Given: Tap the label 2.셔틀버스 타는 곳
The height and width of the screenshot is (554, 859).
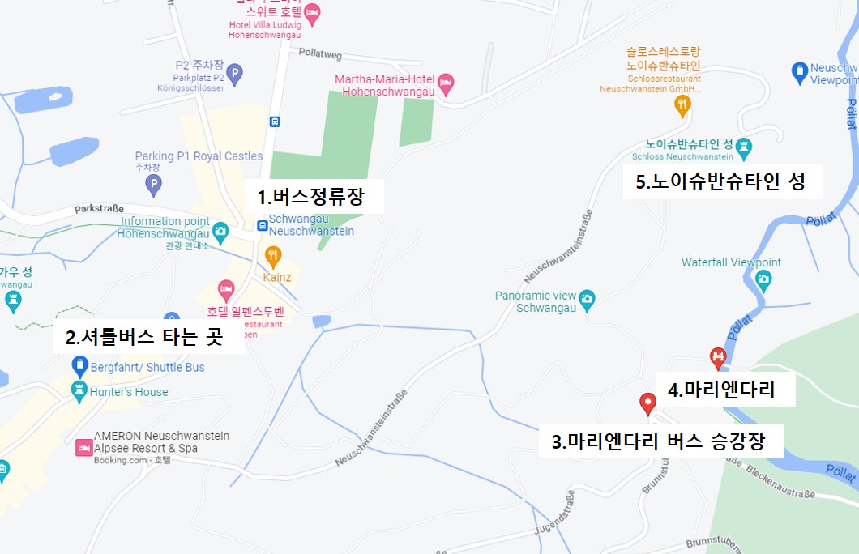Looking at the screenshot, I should (x=143, y=337).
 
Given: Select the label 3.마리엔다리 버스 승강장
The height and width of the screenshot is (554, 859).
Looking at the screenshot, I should (x=657, y=442).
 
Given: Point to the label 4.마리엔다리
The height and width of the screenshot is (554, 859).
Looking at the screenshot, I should (x=721, y=390).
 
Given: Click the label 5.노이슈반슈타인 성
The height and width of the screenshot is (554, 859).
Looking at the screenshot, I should (x=720, y=181).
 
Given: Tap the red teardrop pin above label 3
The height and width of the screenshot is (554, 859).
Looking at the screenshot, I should (x=647, y=403).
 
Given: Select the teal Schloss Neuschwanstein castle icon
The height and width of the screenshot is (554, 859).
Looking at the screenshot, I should (x=744, y=148).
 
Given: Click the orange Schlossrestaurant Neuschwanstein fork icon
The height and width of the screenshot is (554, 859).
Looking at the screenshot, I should (x=683, y=104).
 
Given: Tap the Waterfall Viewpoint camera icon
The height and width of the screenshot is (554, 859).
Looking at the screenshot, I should (x=763, y=280).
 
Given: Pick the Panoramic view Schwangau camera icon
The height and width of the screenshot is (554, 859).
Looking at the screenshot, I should (x=588, y=298).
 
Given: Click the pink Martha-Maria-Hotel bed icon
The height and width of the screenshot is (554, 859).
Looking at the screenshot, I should (x=446, y=83).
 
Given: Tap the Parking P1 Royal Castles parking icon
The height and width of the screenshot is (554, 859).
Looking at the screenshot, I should (x=153, y=186).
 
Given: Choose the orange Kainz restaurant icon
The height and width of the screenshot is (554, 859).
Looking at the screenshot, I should (x=274, y=257).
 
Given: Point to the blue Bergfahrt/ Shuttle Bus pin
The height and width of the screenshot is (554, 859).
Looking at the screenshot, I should (x=79, y=366).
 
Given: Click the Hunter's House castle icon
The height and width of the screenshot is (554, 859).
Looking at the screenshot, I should (x=79, y=392).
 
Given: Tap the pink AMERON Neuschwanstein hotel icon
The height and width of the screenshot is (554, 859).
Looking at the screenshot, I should (x=83, y=447).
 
